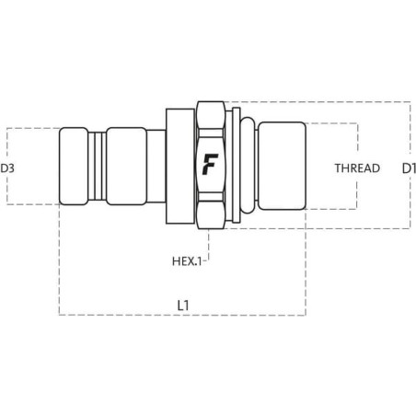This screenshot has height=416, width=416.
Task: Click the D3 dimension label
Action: [x=7, y=168]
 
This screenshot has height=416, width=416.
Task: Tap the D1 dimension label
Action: [x=409, y=168]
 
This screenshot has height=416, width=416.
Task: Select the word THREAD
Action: [x=357, y=168]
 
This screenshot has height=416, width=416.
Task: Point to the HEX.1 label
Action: [x=187, y=261]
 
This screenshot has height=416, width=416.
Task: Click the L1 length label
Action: [x=183, y=306]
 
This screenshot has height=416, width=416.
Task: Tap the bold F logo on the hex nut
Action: [x=210, y=165]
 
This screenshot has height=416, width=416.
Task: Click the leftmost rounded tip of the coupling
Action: [x=74, y=166]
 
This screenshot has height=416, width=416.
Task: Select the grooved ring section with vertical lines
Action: [x=98, y=166]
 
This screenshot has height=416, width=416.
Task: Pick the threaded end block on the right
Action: [x=282, y=166]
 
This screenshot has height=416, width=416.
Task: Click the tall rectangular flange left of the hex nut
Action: [x=180, y=166]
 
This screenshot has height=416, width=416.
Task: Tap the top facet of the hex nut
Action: [x=211, y=115]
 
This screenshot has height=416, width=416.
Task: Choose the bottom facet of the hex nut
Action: [x=211, y=214]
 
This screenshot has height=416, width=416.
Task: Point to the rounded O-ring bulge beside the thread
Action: [x=248, y=166]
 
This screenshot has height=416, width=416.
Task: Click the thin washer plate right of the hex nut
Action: [x=237, y=165]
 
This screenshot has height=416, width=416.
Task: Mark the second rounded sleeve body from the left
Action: [x=126, y=166]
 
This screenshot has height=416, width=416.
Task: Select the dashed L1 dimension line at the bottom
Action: [x=182, y=315]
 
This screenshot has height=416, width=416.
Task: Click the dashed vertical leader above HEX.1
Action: [x=209, y=245]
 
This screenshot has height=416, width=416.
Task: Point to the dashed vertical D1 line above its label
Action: [x=410, y=127]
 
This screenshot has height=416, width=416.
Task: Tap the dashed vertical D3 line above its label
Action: [x=7, y=144]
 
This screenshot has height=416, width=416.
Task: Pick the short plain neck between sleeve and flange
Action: [x=156, y=166]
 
